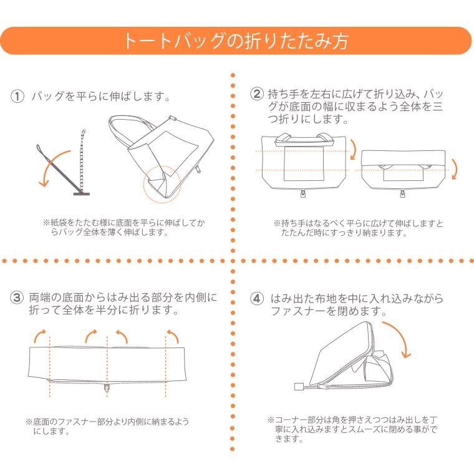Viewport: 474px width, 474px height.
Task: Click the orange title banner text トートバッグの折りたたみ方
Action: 236,41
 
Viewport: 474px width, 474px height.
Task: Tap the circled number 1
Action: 17,97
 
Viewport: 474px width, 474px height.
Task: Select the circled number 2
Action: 257,94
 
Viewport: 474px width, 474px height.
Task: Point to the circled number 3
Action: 17,297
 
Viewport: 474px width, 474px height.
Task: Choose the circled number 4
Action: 257,298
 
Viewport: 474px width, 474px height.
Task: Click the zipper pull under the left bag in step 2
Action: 302,193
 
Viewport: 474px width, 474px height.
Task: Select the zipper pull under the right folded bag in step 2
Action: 402,193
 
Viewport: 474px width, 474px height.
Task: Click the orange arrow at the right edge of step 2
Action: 454,169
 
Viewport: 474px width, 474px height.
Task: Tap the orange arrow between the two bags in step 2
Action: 353,149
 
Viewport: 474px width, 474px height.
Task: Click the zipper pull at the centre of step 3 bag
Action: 107,388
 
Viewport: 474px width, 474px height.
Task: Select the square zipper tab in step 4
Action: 298,387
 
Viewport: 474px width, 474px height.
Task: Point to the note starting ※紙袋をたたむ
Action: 123,228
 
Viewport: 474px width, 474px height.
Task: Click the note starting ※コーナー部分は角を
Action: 352,429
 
